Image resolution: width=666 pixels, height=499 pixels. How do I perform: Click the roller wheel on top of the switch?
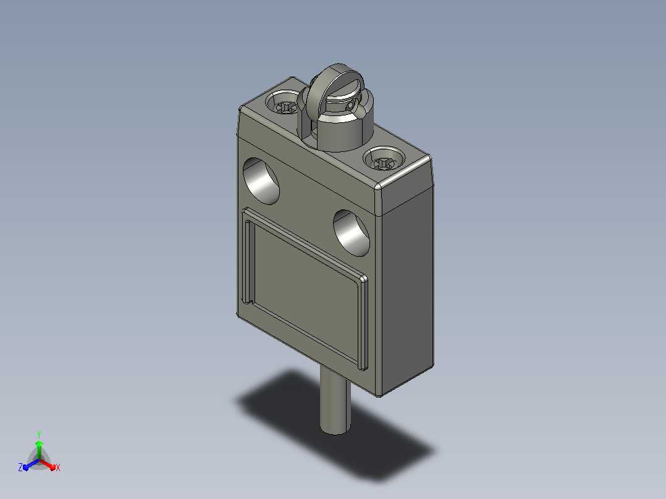[322, 91]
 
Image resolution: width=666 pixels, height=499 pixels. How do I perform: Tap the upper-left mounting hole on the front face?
[261, 182]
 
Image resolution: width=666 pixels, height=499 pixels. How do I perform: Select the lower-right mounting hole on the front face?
[352, 233]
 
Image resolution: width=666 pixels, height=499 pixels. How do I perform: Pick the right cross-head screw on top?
[384, 162]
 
